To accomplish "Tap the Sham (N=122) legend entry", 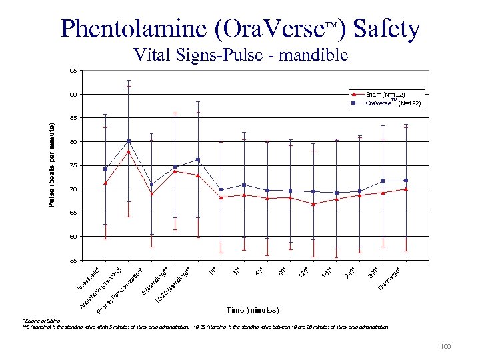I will [x=385, y=95].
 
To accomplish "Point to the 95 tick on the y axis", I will [x=73, y=71].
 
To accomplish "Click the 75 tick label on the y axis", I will [x=73, y=165].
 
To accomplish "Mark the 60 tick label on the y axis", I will [x=73, y=237].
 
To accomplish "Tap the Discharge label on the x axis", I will [x=390, y=278].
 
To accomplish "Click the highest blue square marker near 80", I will [x=129, y=141].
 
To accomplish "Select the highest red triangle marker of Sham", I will [x=129, y=152].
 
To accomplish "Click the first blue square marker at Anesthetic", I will [x=105, y=169].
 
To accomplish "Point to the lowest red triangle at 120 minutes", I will [x=313, y=204].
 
